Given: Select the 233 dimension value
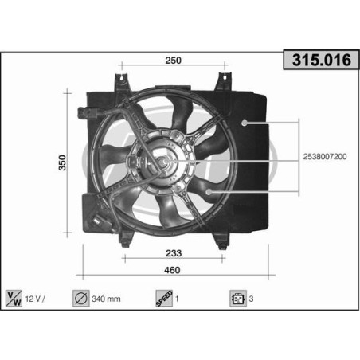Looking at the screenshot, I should coord(171,254).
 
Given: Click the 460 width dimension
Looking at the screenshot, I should coord(173,270).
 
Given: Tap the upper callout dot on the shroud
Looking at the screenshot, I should coord(245,123).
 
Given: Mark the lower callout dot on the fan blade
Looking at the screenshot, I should coord(209,194).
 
